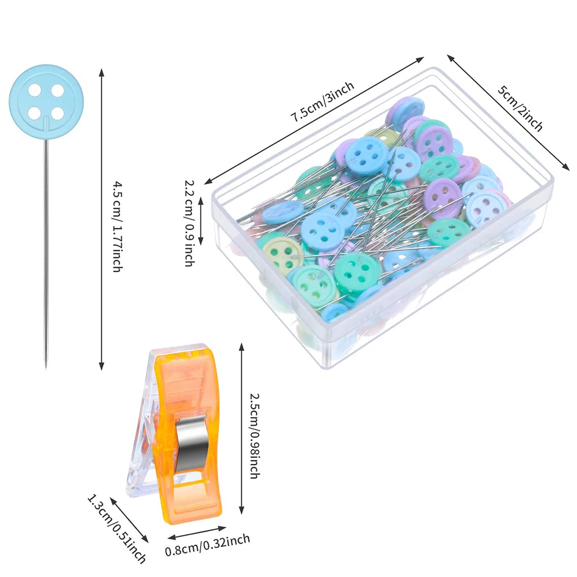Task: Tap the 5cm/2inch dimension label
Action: click(x=520, y=108)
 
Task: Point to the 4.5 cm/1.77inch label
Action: click(x=117, y=226)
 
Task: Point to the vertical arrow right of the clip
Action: click(x=241, y=428)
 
